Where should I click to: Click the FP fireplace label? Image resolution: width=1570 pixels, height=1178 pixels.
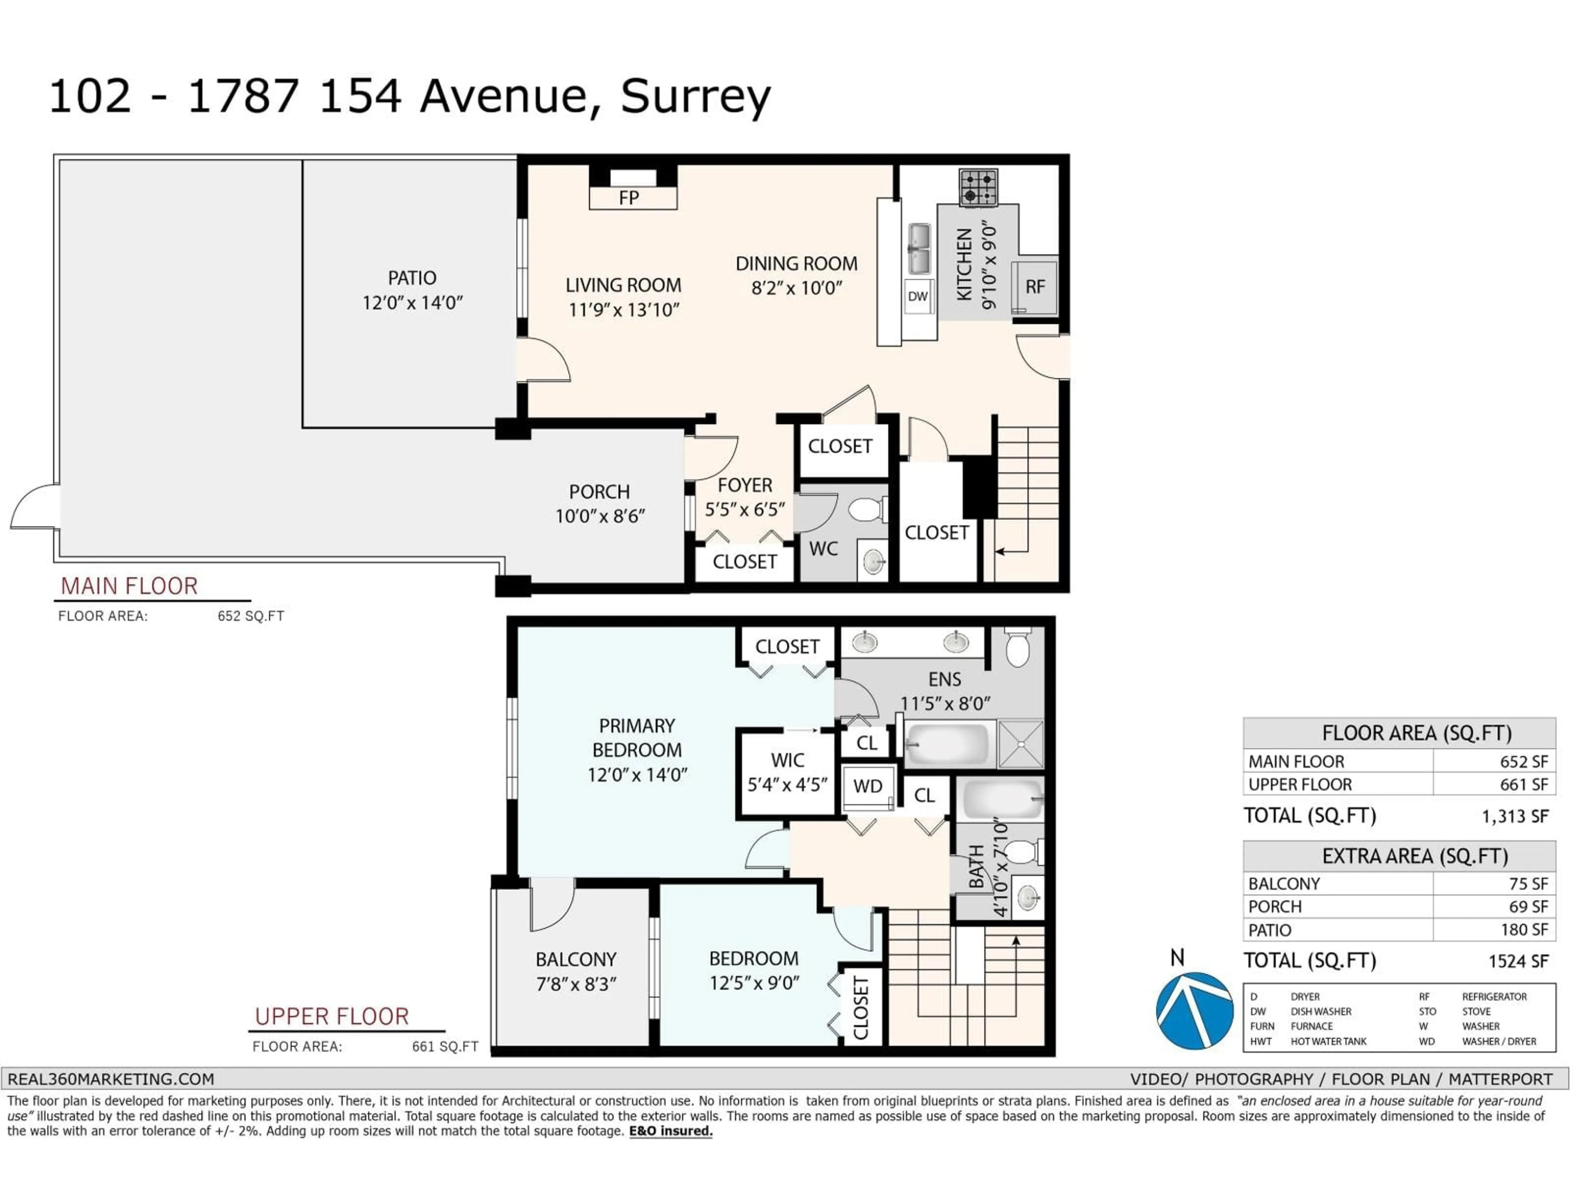[629, 198]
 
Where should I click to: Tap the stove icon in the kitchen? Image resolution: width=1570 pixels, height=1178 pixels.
[978, 187]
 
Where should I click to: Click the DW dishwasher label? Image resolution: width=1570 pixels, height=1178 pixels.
[918, 296]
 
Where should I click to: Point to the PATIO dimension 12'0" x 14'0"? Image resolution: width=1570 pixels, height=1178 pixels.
[413, 303]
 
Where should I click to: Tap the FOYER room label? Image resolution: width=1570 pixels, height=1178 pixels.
[745, 485]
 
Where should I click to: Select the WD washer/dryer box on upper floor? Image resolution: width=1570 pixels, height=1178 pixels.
[867, 786]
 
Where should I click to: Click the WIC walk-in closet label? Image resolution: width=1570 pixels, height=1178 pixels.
[787, 760]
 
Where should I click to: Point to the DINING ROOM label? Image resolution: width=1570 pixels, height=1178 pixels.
[796, 264]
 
